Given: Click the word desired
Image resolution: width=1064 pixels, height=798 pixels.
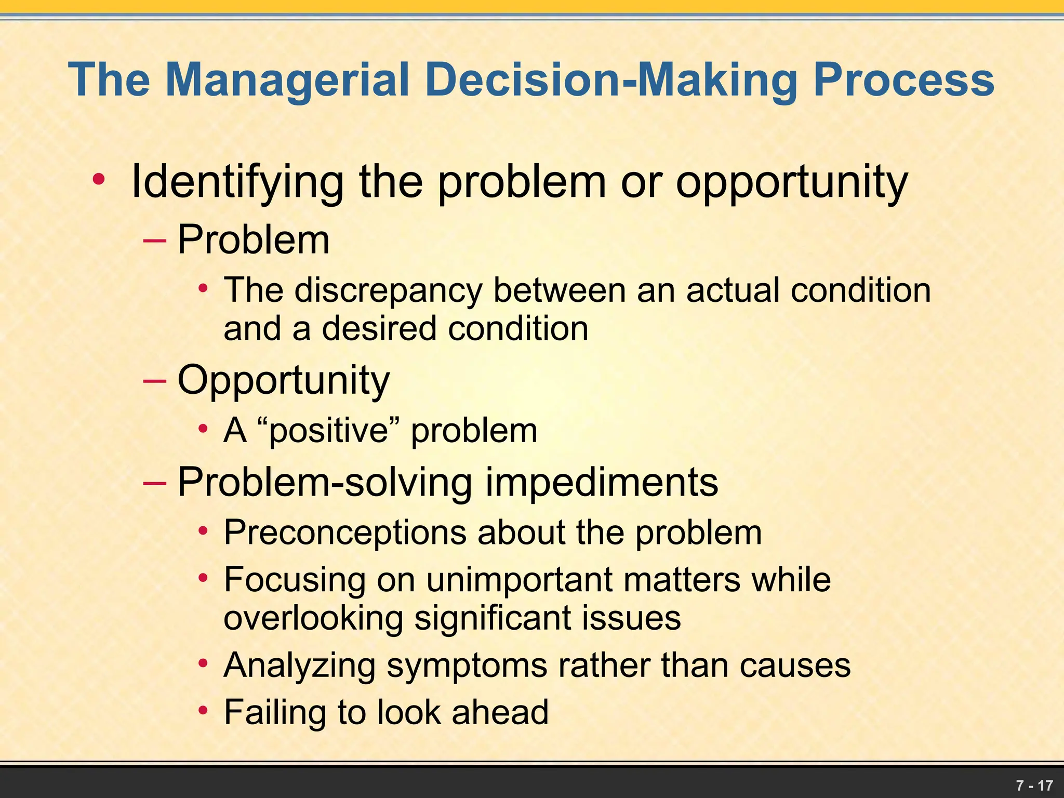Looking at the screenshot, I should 379,329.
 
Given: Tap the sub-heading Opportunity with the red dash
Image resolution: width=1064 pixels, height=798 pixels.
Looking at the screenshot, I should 283,380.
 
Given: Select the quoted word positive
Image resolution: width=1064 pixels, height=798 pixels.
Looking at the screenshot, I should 328,431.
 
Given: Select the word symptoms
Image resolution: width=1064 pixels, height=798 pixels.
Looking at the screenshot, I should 467,666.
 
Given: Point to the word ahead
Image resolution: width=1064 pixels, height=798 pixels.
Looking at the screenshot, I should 500,712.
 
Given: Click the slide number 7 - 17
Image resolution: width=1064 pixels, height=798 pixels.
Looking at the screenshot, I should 1034,785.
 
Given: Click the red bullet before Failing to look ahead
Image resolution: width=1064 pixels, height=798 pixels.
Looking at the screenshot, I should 204,710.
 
